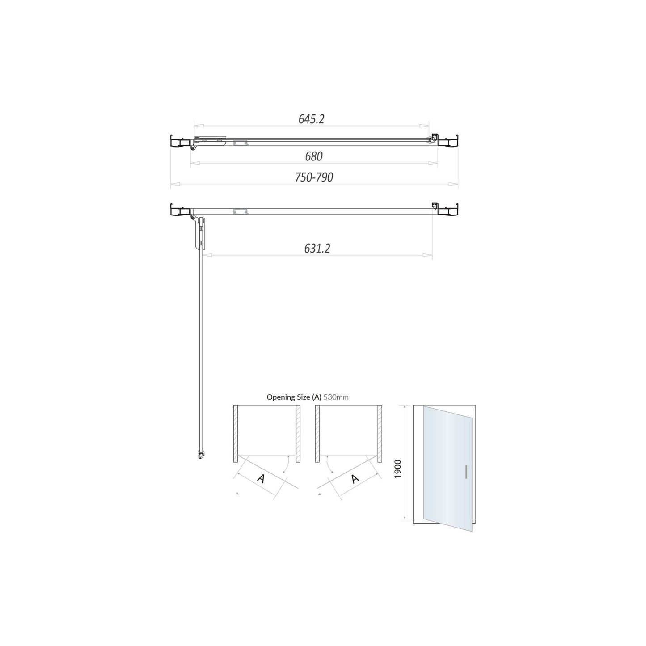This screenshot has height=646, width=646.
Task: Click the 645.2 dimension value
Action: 312,119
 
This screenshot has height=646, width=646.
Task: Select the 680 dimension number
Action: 314,156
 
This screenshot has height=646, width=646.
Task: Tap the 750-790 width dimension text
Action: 314,177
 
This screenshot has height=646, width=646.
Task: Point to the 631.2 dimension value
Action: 317,248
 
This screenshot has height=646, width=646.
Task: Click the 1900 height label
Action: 397,469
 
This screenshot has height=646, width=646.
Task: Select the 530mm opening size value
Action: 336,397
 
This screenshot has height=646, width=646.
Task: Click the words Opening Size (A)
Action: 294,397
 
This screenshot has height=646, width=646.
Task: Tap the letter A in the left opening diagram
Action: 261,478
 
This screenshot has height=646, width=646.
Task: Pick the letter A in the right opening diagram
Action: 355,478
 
